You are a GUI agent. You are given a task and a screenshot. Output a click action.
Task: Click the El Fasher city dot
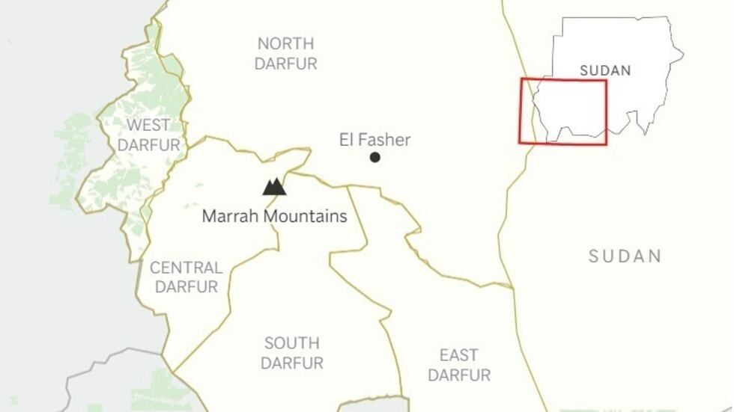374,157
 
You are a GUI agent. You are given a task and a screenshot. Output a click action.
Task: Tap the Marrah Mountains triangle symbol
274,187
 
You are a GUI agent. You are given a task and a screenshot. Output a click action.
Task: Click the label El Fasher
374,140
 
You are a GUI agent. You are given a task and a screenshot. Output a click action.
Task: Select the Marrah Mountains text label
275,217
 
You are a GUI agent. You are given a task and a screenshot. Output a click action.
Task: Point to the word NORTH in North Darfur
285,43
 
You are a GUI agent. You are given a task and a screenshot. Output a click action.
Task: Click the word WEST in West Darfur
148,125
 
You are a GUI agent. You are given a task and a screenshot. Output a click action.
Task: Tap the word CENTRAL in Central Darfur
186,268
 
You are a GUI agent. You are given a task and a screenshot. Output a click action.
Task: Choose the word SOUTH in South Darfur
291,343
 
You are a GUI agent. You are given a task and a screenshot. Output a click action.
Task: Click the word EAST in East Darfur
459,354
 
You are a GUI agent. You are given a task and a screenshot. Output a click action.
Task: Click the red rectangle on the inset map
563,80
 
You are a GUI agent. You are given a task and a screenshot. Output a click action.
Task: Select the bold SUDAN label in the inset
605,71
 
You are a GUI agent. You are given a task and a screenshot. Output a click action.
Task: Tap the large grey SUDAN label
625,256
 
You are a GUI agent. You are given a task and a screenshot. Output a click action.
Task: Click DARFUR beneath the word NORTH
285,64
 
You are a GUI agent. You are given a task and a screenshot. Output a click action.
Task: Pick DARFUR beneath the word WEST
148,145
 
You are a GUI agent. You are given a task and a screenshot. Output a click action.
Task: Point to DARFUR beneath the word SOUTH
293,363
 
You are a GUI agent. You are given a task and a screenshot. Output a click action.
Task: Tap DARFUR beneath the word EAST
459,375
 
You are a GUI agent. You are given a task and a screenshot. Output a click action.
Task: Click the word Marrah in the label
228,217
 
